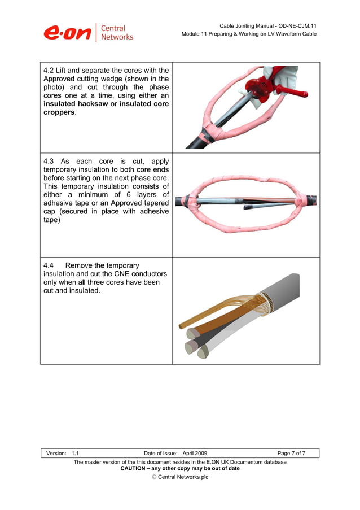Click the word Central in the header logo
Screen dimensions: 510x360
113,28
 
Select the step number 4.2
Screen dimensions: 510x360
49,71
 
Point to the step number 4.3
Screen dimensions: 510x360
50,161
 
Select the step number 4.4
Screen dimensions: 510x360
49,265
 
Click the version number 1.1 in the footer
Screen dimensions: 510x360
75,453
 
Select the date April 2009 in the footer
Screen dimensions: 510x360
195,453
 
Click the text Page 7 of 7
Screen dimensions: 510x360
291,453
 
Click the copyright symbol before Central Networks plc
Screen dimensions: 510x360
154,477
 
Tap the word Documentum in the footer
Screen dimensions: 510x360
244,462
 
